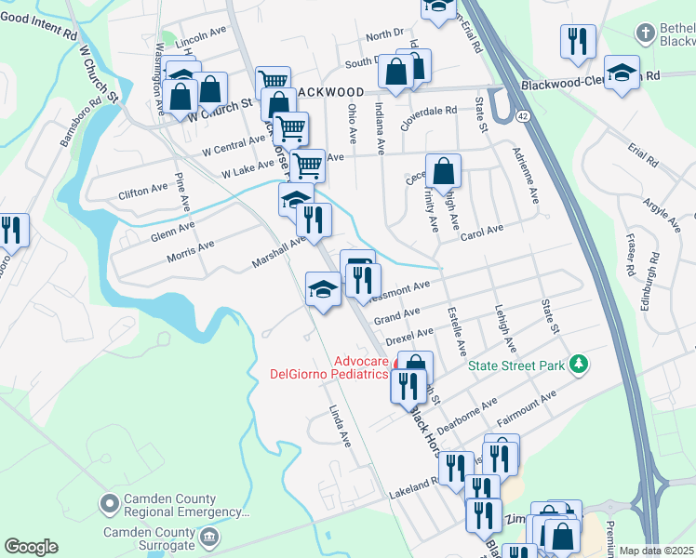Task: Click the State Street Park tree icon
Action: point(578,365)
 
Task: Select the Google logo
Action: point(31,547)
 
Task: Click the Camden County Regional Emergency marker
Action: point(110,505)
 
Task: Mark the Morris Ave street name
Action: point(191,248)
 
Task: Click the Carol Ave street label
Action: point(481,232)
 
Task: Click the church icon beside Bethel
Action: point(645,34)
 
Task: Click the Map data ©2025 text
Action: point(657,551)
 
